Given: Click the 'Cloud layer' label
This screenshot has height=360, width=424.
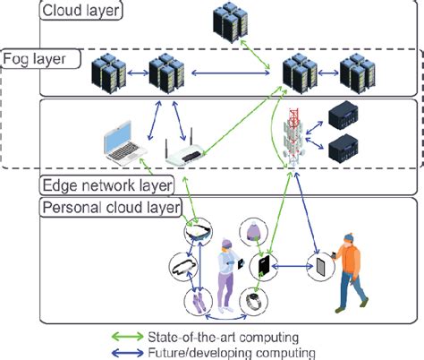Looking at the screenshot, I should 80,12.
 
